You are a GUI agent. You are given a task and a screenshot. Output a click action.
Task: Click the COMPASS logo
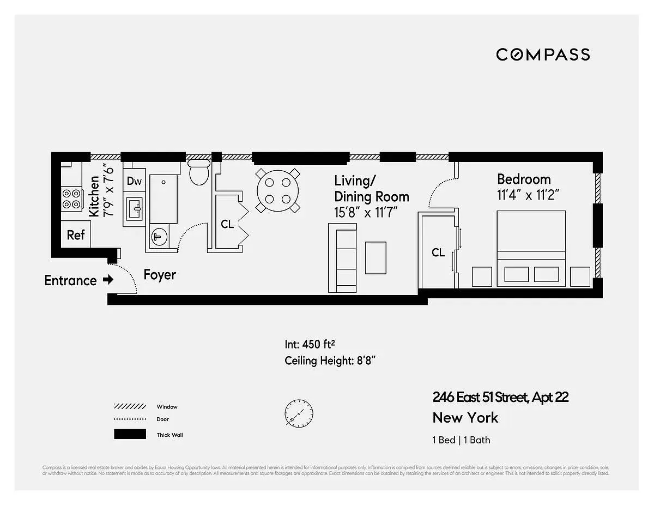click(x=543, y=55)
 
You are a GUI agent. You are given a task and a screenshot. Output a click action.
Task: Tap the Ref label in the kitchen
click(x=76, y=235)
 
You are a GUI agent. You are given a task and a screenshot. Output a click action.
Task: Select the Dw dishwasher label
click(x=134, y=181)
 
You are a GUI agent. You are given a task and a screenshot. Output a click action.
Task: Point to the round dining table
click(x=278, y=190)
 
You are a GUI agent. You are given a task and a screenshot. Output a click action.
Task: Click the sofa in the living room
click(x=342, y=257)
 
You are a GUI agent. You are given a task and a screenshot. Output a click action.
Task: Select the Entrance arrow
click(x=108, y=280)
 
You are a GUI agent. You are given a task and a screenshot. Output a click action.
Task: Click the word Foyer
click(x=160, y=275)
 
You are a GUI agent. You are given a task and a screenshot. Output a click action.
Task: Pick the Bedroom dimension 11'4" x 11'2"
click(x=528, y=195)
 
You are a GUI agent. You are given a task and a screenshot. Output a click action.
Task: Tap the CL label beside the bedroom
click(x=438, y=253)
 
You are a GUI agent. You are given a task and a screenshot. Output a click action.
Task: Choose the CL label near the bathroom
click(x=227, y=224)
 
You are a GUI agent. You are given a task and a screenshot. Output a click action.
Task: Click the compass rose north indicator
click(x=299, y=413)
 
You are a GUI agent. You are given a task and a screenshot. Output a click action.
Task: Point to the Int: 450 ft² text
click(x=310, y=345)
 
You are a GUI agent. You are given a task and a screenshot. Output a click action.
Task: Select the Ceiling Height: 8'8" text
click(x=330, y=360)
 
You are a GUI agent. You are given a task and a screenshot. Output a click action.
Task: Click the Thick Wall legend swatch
click(x=130, y=435)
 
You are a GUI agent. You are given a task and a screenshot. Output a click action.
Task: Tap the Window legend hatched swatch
click(x=130, y=407)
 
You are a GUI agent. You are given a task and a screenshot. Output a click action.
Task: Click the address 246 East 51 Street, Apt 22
click(x=500, y=397)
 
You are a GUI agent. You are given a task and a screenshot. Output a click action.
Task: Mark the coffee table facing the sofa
click(x=376, y=258)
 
